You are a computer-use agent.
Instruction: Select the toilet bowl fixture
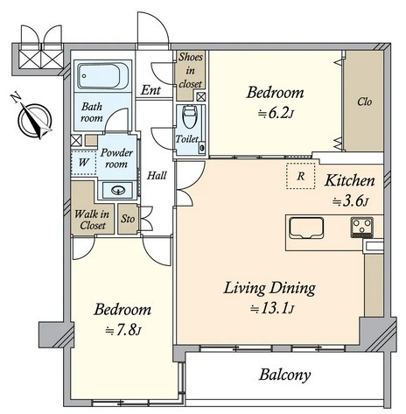pyautogui.click(x=189, y=116)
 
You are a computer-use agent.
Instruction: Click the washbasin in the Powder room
pyautogui.click(x=118, y=190)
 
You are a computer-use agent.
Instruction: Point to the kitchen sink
pyautogui.click(x=306, y=228)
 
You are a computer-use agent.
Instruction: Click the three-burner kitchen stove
pyautogui.click(x=361, y=227)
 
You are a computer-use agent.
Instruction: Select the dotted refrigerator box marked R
pyautogui.click(x=301, y=176)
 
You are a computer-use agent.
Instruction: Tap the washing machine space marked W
pyautogui.click(x=84, y=163)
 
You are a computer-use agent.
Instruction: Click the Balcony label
pyautogui.click(x=284, y=375)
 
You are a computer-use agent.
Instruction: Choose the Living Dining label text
pyautogui.click(x=269, y=288)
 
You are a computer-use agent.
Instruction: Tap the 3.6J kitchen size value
pyautogui.click(x=351, y=201)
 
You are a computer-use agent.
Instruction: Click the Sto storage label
pyautogui.click(x=128, y=219)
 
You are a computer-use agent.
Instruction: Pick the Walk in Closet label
pyautogui.click(x=92, y=220)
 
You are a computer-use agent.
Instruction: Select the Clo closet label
pyautogui.click(x=365, y=102)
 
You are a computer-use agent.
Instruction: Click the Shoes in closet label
pyautogui.click(x=191, y=70)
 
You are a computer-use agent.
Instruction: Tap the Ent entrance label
pyautogui.click(x=150, y=90)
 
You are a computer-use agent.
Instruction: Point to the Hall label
pyautogui.click(x=157, y=175)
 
